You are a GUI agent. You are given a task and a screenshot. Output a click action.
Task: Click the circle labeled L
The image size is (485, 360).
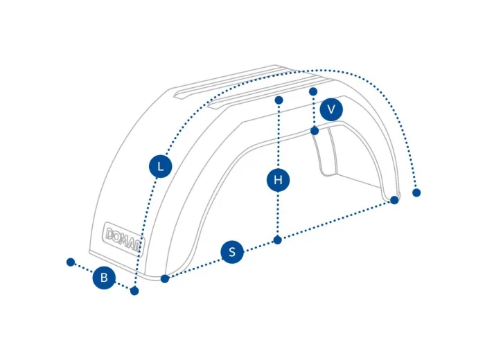coord(160,167)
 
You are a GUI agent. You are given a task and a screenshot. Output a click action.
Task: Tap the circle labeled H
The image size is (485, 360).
coord(278,180)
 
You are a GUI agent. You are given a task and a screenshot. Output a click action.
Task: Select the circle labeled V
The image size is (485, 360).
coord(331,109)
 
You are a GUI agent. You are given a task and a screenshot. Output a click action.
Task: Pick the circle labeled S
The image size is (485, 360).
coord(232,252)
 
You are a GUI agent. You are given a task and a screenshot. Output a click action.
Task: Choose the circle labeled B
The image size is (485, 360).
coord(104,278)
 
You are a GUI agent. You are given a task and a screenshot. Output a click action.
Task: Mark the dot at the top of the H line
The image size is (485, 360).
coord(279,100)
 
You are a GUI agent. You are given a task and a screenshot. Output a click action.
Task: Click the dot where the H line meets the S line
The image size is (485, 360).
coord(278,240)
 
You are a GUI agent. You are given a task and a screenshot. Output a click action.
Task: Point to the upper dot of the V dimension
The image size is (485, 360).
coord(313,91)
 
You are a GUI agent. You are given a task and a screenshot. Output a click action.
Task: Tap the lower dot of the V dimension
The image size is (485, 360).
coord(315,131)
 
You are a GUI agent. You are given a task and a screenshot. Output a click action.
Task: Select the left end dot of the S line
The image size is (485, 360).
coord(165,279)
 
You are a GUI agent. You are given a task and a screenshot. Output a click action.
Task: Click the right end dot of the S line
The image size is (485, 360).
coord(394,200)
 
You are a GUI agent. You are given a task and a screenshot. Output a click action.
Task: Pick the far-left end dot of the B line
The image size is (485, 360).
coord(71,262)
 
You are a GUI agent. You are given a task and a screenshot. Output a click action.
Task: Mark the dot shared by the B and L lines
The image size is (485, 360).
coord(134,291)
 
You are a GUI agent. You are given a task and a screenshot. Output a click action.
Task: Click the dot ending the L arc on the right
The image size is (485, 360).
coord(416,193)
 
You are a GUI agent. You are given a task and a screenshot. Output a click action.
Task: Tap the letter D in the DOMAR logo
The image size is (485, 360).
coord(110,234)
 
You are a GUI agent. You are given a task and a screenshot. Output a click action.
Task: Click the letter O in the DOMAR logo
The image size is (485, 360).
coord(118,237)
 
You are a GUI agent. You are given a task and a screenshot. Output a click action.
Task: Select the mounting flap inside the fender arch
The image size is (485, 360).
coord(324,152)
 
